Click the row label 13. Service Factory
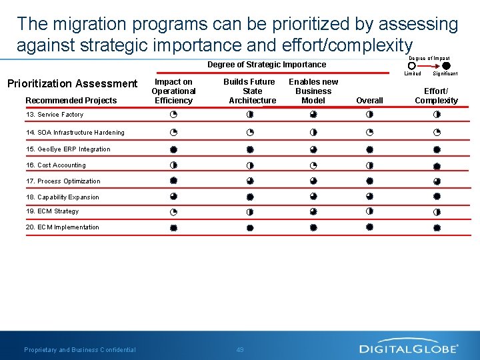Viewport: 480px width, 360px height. [55, 115]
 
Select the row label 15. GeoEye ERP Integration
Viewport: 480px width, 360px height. [68, 149]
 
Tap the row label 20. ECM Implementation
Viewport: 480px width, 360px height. [63, 227]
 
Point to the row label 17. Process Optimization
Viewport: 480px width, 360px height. [63, 181]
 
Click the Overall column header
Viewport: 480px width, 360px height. [369, 101]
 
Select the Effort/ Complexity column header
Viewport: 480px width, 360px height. [436, 95]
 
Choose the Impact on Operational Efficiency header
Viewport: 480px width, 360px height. [173, 91]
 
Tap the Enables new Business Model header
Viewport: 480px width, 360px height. [313, 91]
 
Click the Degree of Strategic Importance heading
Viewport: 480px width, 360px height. [267, 65]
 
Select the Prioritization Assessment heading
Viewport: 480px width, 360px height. [72, 83]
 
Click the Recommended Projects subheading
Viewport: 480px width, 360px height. [71, 101]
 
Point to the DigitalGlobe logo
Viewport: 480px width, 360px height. [409, 348]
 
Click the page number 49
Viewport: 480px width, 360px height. [240, 350]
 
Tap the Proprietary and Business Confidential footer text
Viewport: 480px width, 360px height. [80, 350]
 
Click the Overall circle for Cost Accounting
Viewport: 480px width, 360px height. [369, 165]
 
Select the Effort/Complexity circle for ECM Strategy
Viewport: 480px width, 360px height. [437, 212]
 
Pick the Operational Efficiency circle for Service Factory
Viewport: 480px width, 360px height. [173, 115]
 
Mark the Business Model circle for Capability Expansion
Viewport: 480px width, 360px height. [313, 197]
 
